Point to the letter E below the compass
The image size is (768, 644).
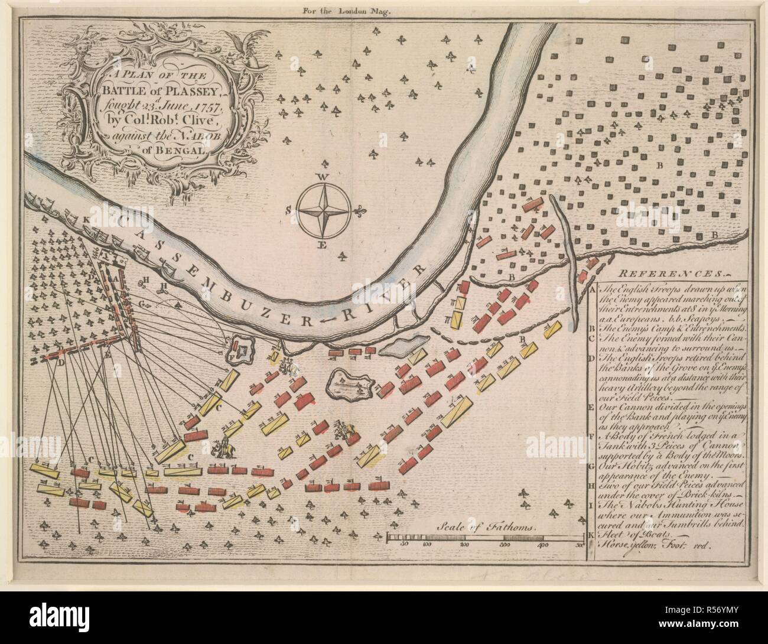pyautogui.click(x=322, y=246)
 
